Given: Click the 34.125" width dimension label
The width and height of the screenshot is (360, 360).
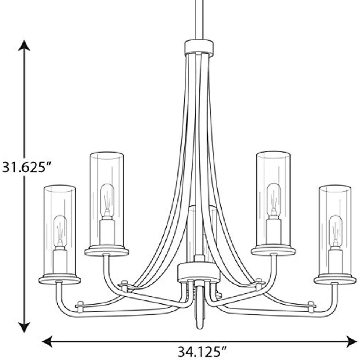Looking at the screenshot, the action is click(x=202, y=352).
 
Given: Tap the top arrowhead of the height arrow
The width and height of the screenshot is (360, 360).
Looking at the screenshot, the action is click(x=24, y=46).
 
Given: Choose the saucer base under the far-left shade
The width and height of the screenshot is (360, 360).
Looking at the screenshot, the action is click(x=60, y=279).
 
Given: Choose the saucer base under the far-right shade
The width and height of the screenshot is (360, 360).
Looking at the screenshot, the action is click(x=335, y=279).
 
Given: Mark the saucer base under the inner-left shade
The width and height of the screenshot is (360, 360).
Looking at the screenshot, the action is click(x=107, y=250).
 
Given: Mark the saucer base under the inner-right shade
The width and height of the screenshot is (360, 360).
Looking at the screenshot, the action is click(x=273, y=250).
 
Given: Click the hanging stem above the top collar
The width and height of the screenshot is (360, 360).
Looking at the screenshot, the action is click(x=199, y=19).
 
